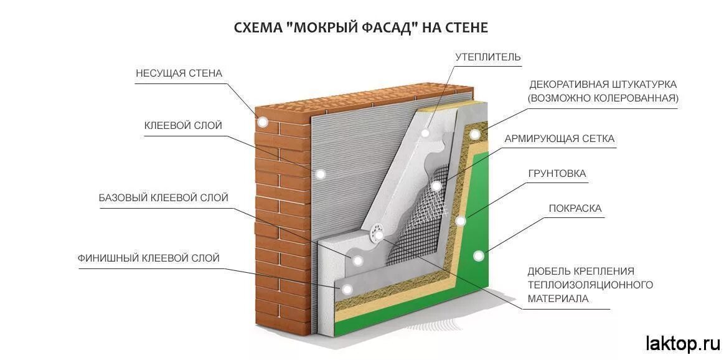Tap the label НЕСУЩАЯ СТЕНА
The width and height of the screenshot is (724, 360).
[x=179, y=73]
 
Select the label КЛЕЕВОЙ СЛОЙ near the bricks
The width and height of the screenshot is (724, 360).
[x=183, y=126]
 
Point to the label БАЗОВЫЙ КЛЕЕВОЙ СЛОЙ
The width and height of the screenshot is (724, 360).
[x=163, y=198]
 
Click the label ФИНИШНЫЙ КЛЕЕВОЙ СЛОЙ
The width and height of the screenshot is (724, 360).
[x=149, y=258]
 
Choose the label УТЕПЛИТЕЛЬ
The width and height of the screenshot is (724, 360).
[x=487, y=57]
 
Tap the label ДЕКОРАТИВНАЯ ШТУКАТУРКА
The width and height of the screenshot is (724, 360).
[x=603, y=84]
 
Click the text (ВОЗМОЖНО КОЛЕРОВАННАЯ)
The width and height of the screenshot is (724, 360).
[x=603, y=98]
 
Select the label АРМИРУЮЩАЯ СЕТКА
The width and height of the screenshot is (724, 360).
[x=559, y=139]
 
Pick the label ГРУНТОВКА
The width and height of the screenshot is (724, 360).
[x=557, y=174]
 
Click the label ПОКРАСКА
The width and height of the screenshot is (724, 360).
[x=575, y=209]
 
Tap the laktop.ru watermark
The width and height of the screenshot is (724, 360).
[x=682, y=343]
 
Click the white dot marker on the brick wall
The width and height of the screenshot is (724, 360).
[x=263, y=122]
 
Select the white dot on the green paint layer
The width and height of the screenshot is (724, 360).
[x=479, y=255]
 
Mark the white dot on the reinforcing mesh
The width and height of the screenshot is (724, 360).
[x=437, y=186]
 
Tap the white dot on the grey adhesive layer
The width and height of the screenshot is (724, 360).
[x=321, y=174]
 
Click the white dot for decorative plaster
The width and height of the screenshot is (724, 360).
[x=475, y=134]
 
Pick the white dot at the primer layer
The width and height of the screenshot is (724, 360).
[x=461, y=220]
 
